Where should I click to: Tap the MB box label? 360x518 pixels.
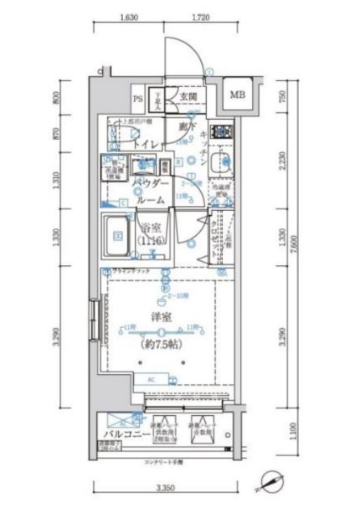(239, 95)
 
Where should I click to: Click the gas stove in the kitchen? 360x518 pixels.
(221, 131)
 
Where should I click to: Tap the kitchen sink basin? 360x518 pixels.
(219, 163)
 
